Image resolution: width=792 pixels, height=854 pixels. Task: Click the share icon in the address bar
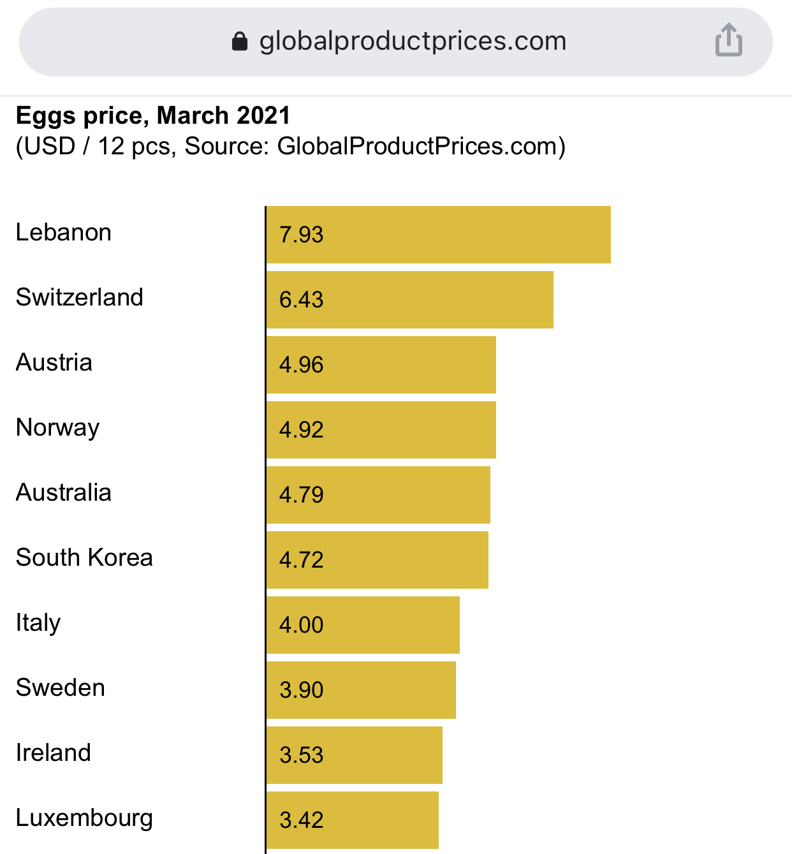click(x=728, y=40)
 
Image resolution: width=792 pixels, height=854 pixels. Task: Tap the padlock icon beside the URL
click(x=240, y=41)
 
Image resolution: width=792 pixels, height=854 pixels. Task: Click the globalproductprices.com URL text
click(x=413, y=41)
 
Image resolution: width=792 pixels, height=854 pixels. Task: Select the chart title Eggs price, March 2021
click(x=153, y=115)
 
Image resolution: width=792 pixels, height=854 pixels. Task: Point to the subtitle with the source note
click(x=290, y=147)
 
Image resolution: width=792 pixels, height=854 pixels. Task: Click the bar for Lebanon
click(x=438, y=235)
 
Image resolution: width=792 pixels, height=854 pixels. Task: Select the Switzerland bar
click(x=409, y=300)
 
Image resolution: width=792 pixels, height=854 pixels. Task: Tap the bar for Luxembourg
click(x=352, y=820)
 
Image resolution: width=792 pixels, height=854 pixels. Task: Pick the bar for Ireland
click(x=354, y=755)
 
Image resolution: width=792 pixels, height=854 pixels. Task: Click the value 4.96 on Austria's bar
click(x=301, y=365)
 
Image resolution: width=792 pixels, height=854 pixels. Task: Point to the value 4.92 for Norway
click(x=301, y=430)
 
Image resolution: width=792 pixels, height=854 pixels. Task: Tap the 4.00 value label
click(x=301, y=625)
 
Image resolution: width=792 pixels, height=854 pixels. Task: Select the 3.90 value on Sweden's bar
click(x=301, y=690)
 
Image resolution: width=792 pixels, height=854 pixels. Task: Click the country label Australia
click(x=64, y=492)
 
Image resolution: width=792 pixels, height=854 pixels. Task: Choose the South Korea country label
click(x=84, y=557)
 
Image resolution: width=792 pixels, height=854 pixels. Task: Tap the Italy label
click(x=38, y=623)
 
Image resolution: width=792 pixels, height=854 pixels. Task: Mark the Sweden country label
click(x=61, y=688)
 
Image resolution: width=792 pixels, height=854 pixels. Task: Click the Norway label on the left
click(x=58, y=428)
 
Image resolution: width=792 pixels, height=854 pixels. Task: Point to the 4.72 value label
click(x=301, y=560)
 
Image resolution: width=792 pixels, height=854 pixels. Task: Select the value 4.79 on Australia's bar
click(x=301, y=495)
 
